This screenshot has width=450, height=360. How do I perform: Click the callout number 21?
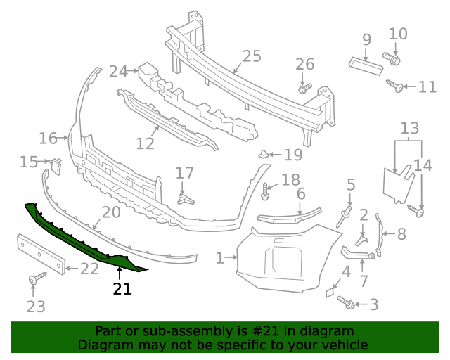click(122, 288)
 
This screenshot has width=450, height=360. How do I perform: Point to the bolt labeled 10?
click(392, 58)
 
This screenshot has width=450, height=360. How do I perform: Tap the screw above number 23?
click(33, 281)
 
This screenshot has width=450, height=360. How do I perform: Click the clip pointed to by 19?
click(262, 153)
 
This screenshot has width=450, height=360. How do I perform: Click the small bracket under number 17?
click(184, 199)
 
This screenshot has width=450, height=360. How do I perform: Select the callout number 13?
click(410, 129)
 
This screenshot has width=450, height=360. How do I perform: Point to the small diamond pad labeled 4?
click(330, 290)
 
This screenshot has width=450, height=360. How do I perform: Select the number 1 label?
click(219, 259)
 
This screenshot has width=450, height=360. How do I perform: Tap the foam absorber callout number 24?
click(117, 71)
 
